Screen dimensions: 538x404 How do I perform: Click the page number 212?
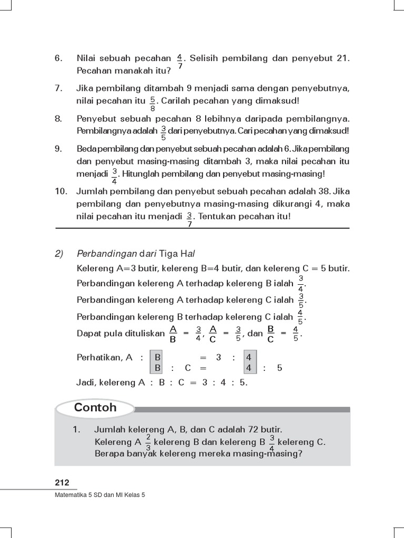point(62,483)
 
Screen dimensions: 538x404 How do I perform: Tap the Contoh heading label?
point(95,408)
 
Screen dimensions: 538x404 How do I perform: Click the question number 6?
point(58,58)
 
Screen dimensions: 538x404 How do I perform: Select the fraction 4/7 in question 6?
point(180,61)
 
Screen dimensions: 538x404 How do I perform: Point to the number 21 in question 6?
point(342,58)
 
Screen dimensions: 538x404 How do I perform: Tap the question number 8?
point(58,119)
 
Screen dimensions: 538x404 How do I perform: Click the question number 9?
point(58,149)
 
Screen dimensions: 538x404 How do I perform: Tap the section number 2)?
point(59,253)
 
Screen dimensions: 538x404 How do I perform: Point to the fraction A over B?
point(172,333)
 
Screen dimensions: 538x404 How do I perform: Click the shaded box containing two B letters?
point(157,363)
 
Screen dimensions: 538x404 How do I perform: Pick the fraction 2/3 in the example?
point(148,442)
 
